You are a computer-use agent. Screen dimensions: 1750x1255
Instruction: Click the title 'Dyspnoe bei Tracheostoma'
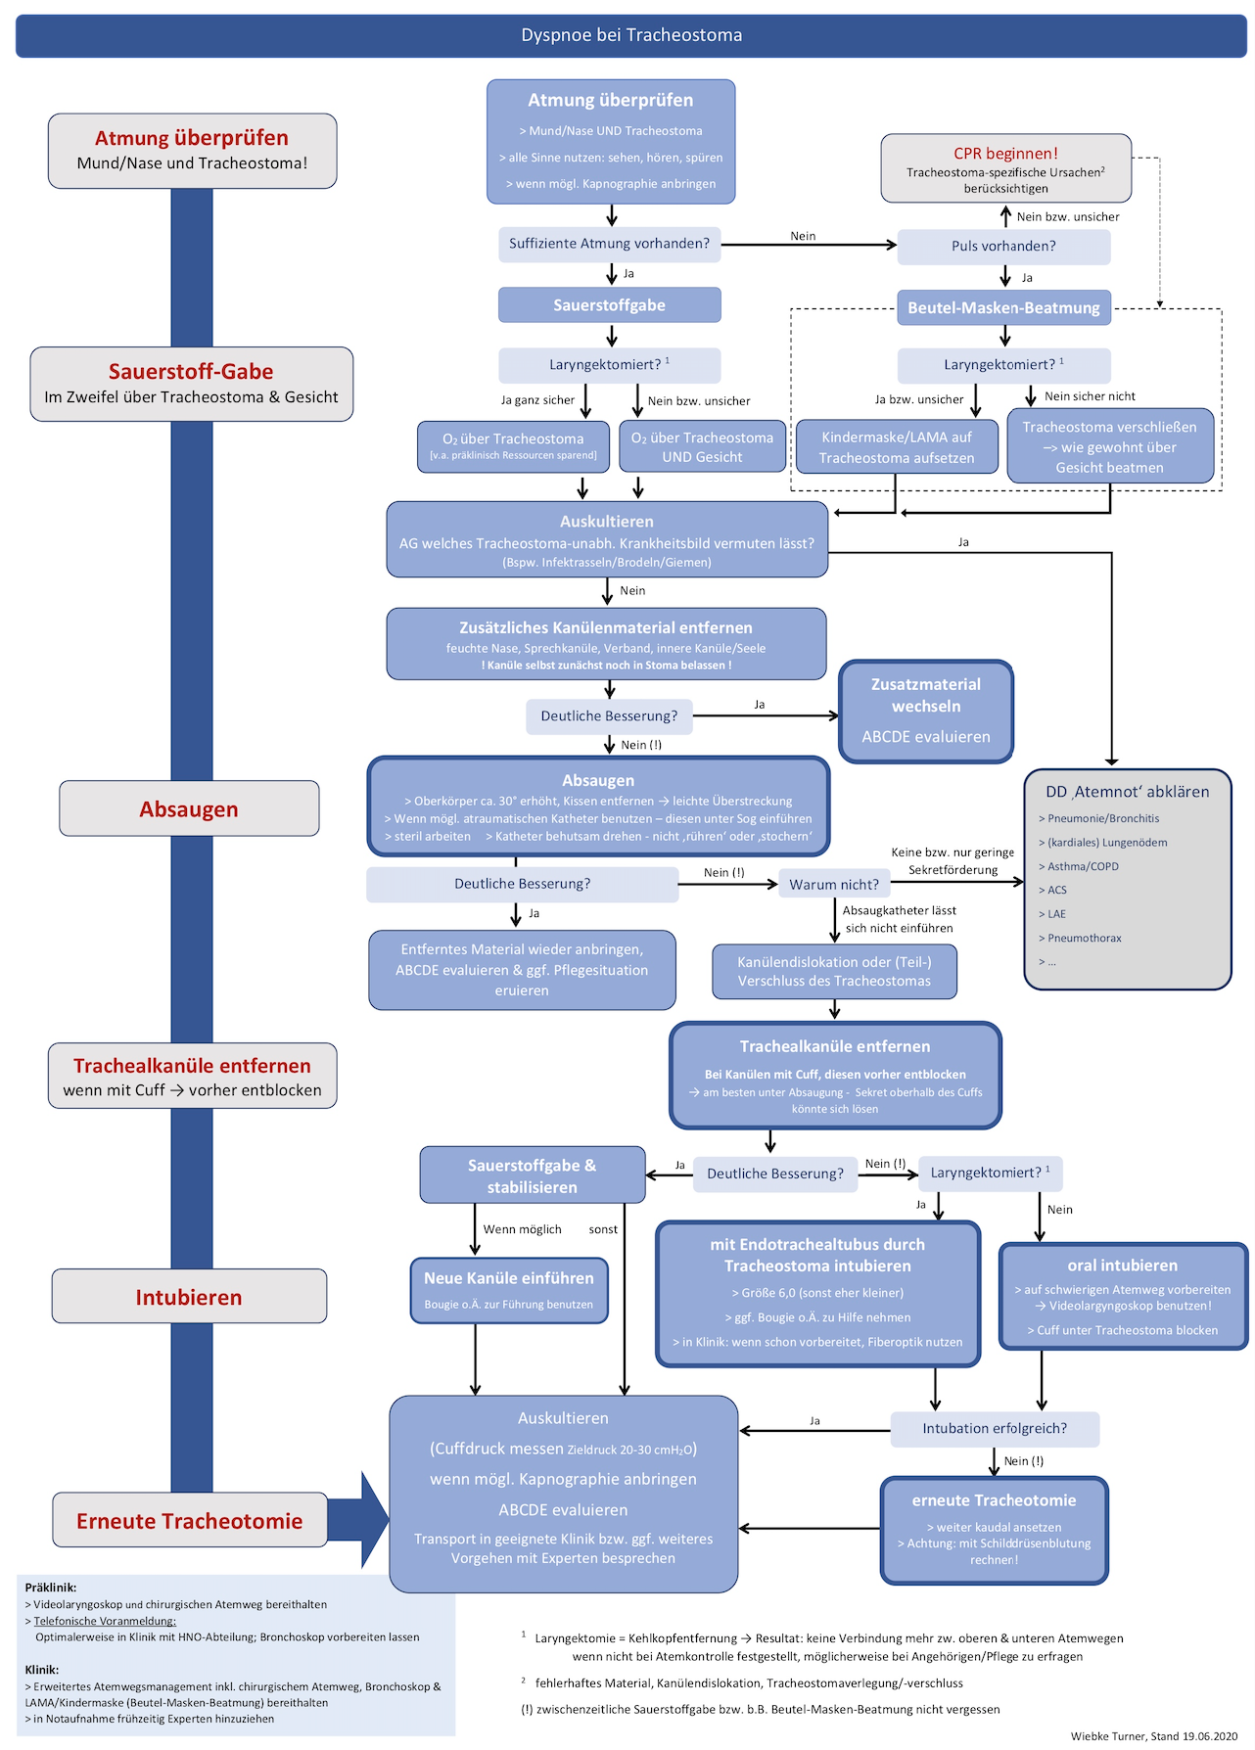(631, 35)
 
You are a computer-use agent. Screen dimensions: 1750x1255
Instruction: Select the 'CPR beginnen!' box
(1005, 168)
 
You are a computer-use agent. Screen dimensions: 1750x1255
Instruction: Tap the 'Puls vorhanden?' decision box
(1003, 247)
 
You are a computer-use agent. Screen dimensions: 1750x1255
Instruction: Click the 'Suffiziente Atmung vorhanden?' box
(609, 244)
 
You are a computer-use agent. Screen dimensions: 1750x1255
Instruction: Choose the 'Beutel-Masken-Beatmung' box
(1003, 308)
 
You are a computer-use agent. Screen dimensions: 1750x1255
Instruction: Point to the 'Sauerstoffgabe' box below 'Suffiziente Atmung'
(609, 305)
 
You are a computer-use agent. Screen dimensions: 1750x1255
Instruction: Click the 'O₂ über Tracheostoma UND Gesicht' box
(702, 447)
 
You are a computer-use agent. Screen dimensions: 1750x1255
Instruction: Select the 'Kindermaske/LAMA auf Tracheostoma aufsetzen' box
(897, 447)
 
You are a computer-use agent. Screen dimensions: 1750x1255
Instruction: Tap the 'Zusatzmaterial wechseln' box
(926, 711)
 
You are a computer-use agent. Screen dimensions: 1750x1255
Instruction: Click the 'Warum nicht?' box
(834, 885)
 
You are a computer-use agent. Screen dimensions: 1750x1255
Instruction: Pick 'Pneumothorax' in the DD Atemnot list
(1085, 938)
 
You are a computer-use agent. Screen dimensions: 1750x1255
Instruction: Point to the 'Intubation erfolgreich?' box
(995, 1429)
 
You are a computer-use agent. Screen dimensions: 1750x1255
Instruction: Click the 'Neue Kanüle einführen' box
(509, 1289)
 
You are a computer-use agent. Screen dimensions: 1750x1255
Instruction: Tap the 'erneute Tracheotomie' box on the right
(994, 1530)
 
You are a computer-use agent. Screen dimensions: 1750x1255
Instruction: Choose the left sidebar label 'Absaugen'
(189, 809)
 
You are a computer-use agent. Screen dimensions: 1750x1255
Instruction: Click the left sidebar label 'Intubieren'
(189, 1297)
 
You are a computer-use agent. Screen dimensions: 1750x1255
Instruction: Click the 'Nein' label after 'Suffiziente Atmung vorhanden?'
(803, 236)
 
